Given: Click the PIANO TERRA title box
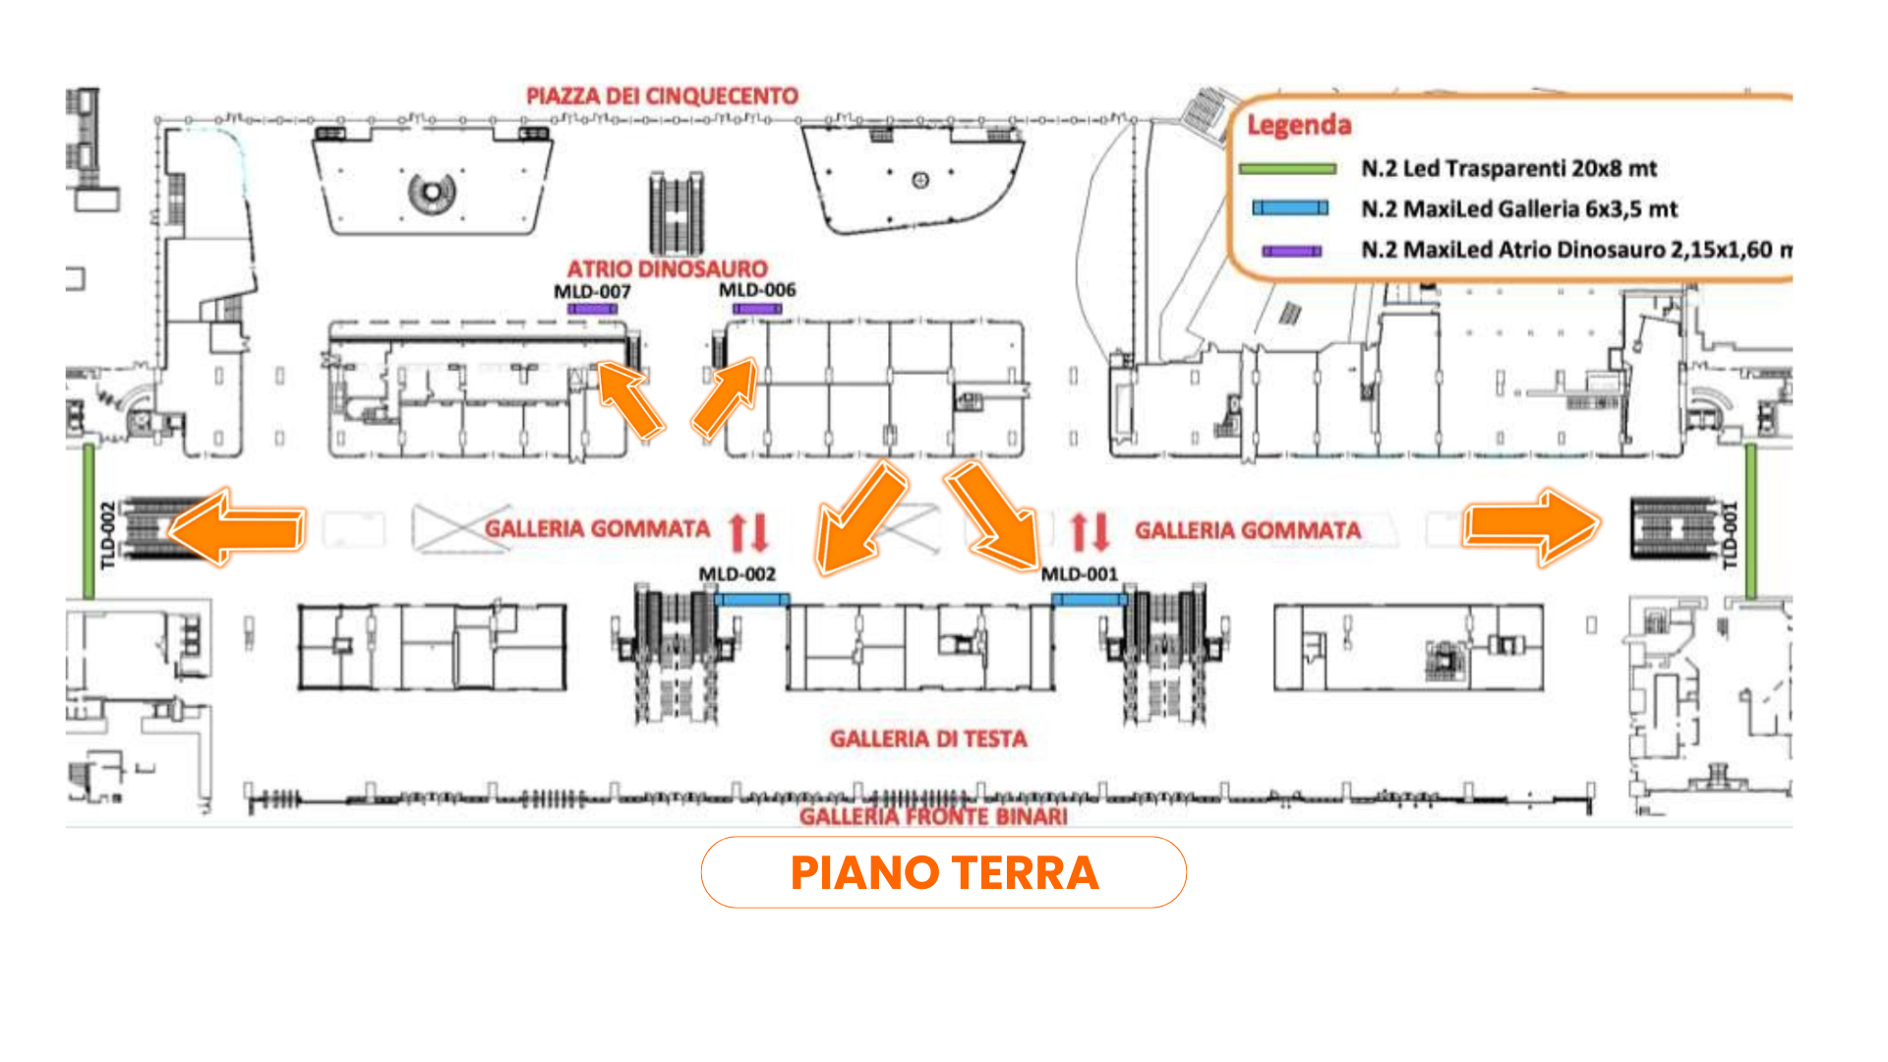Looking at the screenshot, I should point(943,872).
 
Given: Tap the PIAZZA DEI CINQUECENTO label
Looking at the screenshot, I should point(662,96).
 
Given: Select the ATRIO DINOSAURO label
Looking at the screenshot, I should point(667,268).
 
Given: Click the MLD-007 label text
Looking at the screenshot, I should point(592,291).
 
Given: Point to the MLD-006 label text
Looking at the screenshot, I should point(756,290).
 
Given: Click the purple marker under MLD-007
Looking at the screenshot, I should point(592,309).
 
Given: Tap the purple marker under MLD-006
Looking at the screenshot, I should point(757,309).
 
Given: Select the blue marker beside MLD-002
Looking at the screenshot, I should point(752,599).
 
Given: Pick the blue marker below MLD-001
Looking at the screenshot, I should point(1090,599).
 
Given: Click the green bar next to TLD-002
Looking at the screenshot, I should point(88,521).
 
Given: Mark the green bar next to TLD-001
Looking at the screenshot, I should point(1751,521).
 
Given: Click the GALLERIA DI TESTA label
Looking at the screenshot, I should point(928,738).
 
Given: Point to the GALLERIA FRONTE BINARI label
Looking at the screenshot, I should point(933,816).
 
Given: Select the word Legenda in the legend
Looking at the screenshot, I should point(1299,125).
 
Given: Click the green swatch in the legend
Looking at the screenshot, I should point(1287,169).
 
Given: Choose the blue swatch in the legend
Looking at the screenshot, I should point(1289,208).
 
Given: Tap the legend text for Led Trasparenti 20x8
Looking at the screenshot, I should point(1508,168).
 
